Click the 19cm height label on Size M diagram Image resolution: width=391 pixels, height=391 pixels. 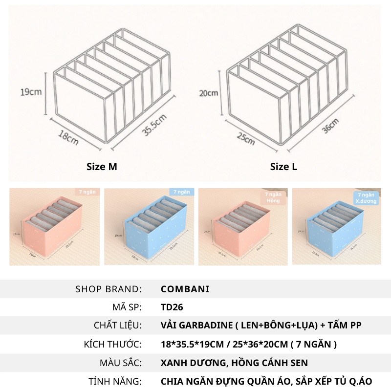pyautogui.click(x=30, y=91)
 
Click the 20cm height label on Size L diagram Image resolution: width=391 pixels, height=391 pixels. pyautogui.click(x=209, y=92)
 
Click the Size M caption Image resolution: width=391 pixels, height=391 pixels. pyautogui.click(x=102, y=167)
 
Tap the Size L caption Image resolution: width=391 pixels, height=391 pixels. pyautogui.click(x=283, y=167)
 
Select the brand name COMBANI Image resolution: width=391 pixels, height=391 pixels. pyautogui.click(x=185, y=289)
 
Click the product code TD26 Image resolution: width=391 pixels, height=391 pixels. pyautogui.click(x=172, y=307)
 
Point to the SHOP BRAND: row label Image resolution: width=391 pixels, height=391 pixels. pyautogui.click(x=109, y=289)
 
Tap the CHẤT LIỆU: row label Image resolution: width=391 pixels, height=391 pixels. pyautogui.click(x=117, y=326)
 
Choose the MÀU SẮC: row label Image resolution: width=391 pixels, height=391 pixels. pyautogui.click(x=120, y=363)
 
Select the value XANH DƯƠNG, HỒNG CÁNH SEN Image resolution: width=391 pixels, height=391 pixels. pyautogui.click(x=234, y=363)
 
